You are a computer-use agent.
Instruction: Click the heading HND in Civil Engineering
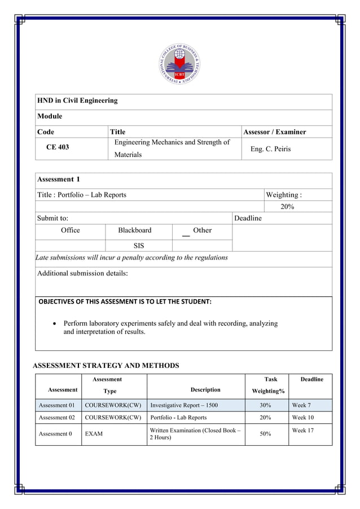coord(77,100)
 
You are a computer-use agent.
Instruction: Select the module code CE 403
coord(58,147)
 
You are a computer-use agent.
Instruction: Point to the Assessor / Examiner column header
coord(274,132)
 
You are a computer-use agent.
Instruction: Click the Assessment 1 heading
coord(59,179)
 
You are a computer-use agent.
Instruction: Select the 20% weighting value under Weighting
coord(287,207)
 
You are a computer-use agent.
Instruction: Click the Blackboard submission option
coord(134,230)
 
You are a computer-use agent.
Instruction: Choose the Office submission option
coord(71,230)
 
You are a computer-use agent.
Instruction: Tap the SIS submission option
coord(139,246)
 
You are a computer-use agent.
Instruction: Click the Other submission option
coord(202,230)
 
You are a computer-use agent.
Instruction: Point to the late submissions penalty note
coord(132,258)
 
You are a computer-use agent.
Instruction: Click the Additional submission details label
coord(82,273)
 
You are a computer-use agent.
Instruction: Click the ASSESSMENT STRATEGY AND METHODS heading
coord(106,366)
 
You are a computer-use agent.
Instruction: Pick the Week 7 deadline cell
coord(302,405)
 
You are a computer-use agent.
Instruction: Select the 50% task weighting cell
coord(266,433)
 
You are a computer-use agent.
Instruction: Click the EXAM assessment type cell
coord(94,434)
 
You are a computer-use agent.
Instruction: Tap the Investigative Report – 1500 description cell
coord(184,405)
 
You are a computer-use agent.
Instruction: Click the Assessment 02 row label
coord(56,418)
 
